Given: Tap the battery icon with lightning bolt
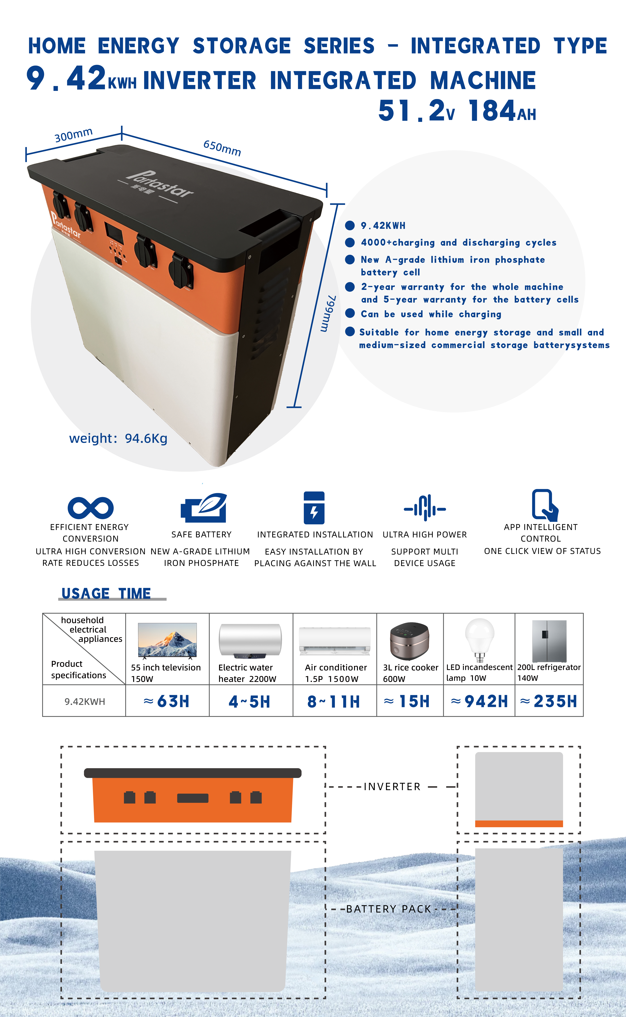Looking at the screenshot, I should pyautogui.click(x=314, y=508).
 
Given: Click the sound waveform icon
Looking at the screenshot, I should pyautogui.click(x=425, y=508).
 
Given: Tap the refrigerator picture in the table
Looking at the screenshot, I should pyautogui.click(x=549, y=641).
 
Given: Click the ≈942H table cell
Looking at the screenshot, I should pyautogui.click(x=479, y=701).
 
